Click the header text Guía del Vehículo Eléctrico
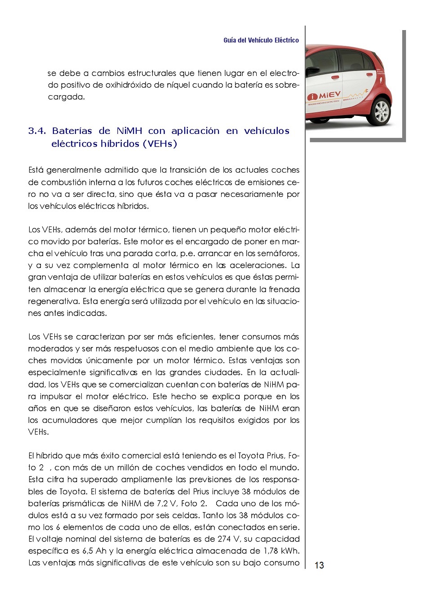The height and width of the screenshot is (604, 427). tap(261, 40)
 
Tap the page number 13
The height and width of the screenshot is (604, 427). tap(319, 565)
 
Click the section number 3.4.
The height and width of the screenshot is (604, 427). tap(37, 131)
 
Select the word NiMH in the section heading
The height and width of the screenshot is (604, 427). tap(129, 131)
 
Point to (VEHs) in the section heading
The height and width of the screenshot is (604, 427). tap(160, 144)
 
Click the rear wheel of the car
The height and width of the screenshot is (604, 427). tap(382, 111)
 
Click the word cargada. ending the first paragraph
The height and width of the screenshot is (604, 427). tap(66, 97)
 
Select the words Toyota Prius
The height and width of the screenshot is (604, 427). tap(261, 456)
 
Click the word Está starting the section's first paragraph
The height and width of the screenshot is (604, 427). tap(36, 170)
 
